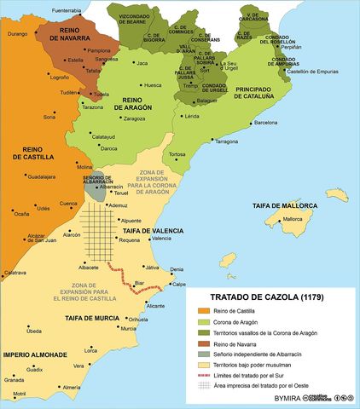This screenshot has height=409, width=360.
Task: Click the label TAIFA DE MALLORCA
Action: pos(285,206)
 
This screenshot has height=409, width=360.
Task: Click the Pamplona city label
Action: pos(98,50)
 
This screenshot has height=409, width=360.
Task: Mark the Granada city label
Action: pos(15,379)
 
